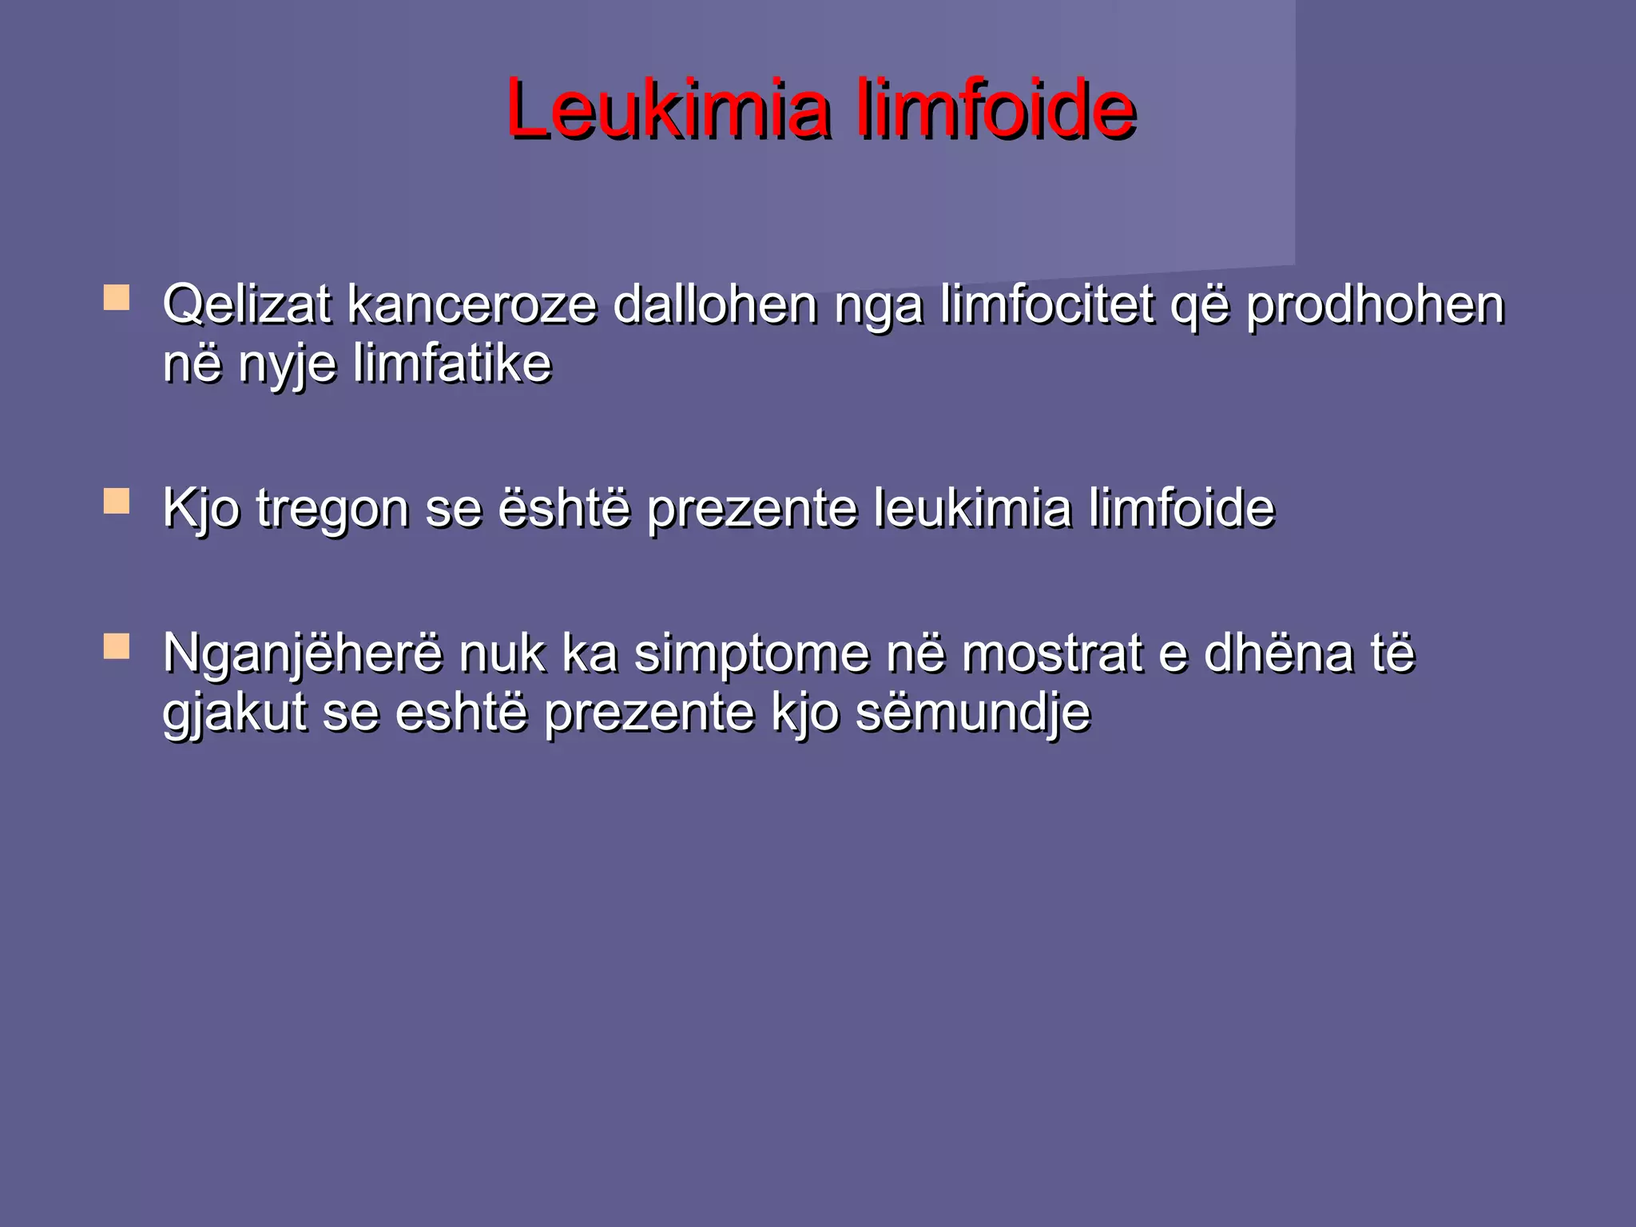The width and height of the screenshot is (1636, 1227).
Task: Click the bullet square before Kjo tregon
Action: pyautogui.click(x=117, y=502)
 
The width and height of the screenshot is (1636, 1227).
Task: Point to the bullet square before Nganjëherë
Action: pyautogui.click(x=117, y=646)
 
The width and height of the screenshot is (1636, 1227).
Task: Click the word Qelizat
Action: pyautogui.click(x=246, y=305)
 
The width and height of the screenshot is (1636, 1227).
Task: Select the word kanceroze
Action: pyautogui.click(x=471, y=305)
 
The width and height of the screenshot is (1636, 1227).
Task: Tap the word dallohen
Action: pyautogui.click(x=715, y=305)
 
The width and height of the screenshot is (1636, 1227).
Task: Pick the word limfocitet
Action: pyautogui.click(x=1046, y=305)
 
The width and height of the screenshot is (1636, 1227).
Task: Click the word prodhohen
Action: pyautogui.click(x=1375, y=307)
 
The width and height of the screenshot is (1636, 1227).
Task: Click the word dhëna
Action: pyautogui.click(x=1278, y=653)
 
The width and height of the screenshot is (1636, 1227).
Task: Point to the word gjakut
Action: pyautogui.click(x=235, y=714)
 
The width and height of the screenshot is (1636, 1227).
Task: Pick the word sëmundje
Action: pyautogui.click(x=972, y=713)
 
